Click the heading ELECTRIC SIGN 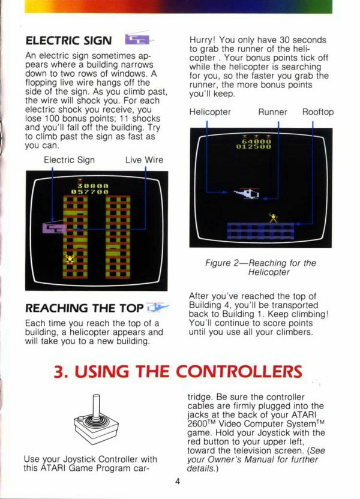(x=68, y=41)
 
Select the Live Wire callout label (x=144, y=160)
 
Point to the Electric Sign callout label (x=70, y=160)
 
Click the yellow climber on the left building (x=70, y=258)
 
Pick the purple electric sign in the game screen (x=55, y=227)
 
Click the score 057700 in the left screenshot (x=90, y=192)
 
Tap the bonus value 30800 (x=93, y=185)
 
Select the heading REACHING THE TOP (x=85, y=308)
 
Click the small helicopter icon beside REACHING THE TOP (x=158, y=308)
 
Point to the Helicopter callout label (x=210, y=112)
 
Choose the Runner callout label (x=273, y=112)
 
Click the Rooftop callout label (x=318, y=112)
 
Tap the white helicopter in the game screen (x=247, y=194)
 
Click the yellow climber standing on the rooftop (x=273, y=218)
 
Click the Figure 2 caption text (x=260, y=267)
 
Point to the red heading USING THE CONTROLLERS (x=178, y=371)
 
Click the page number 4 (x=177, y=481)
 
